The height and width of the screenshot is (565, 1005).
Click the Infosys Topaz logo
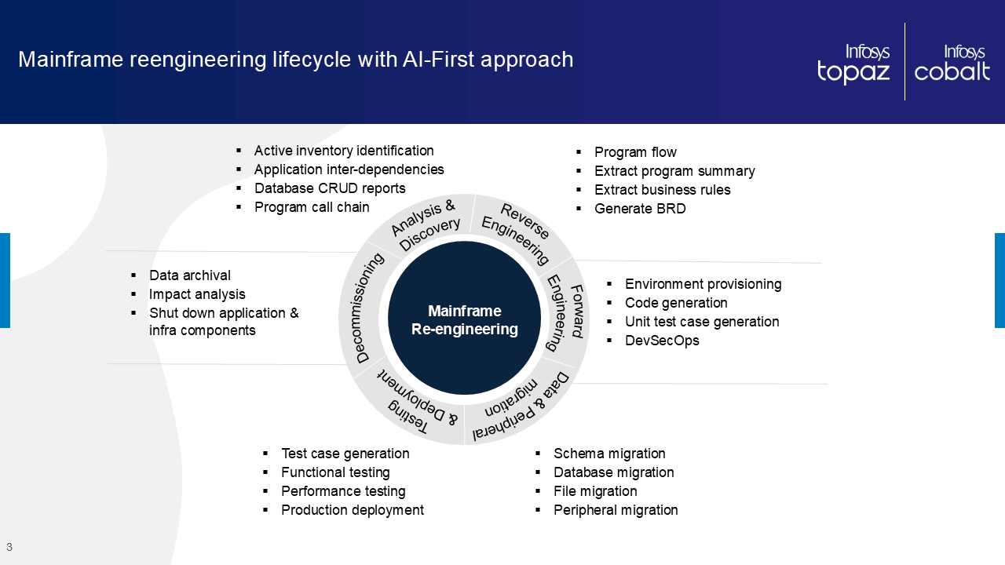click(x=853, y=64)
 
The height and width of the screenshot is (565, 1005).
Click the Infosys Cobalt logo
click(x=952, y=64)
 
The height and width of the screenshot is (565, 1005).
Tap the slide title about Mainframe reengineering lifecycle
click(x=295, y=60)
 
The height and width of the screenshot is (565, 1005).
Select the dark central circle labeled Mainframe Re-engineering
click(x=465, y=319)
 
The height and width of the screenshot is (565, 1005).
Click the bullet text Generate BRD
click(x=640, y=209)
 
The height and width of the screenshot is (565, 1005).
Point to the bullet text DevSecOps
click(x=662, y=341)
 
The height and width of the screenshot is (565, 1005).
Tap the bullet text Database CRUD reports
click(x=330, y=188)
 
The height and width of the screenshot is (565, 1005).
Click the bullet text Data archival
click(x=190, y=275)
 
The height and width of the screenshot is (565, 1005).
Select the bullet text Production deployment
click(x=353, y=510)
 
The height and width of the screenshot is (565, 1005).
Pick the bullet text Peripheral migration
click(x=616, y=510)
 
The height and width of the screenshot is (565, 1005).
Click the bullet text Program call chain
click(x=312, y=207)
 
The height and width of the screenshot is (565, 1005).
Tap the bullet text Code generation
click(x=676, y=303)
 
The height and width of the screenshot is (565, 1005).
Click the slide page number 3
click(x=9, y=547)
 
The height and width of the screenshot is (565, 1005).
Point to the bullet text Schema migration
click(x=609, y=454)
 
